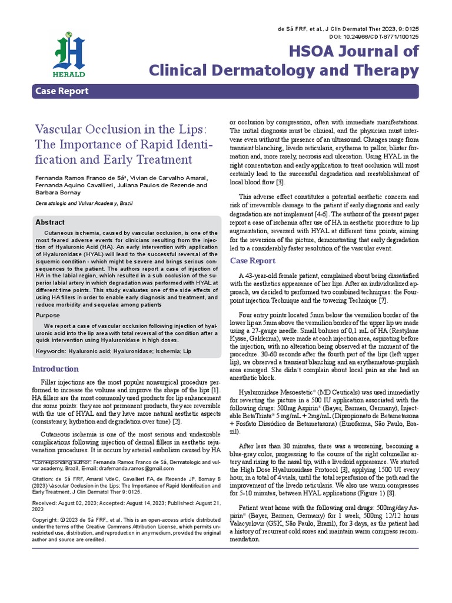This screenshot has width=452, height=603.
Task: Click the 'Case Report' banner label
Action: click(62, 91)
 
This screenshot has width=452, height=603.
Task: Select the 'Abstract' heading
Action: click(50, 223)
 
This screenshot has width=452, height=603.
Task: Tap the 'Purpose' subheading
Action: click(48, 316)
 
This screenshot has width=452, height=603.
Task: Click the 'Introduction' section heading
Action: click(55, 369)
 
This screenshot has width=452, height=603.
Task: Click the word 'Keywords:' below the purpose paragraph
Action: click(51, 351)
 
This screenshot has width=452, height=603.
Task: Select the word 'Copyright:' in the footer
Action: click(46, 519)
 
